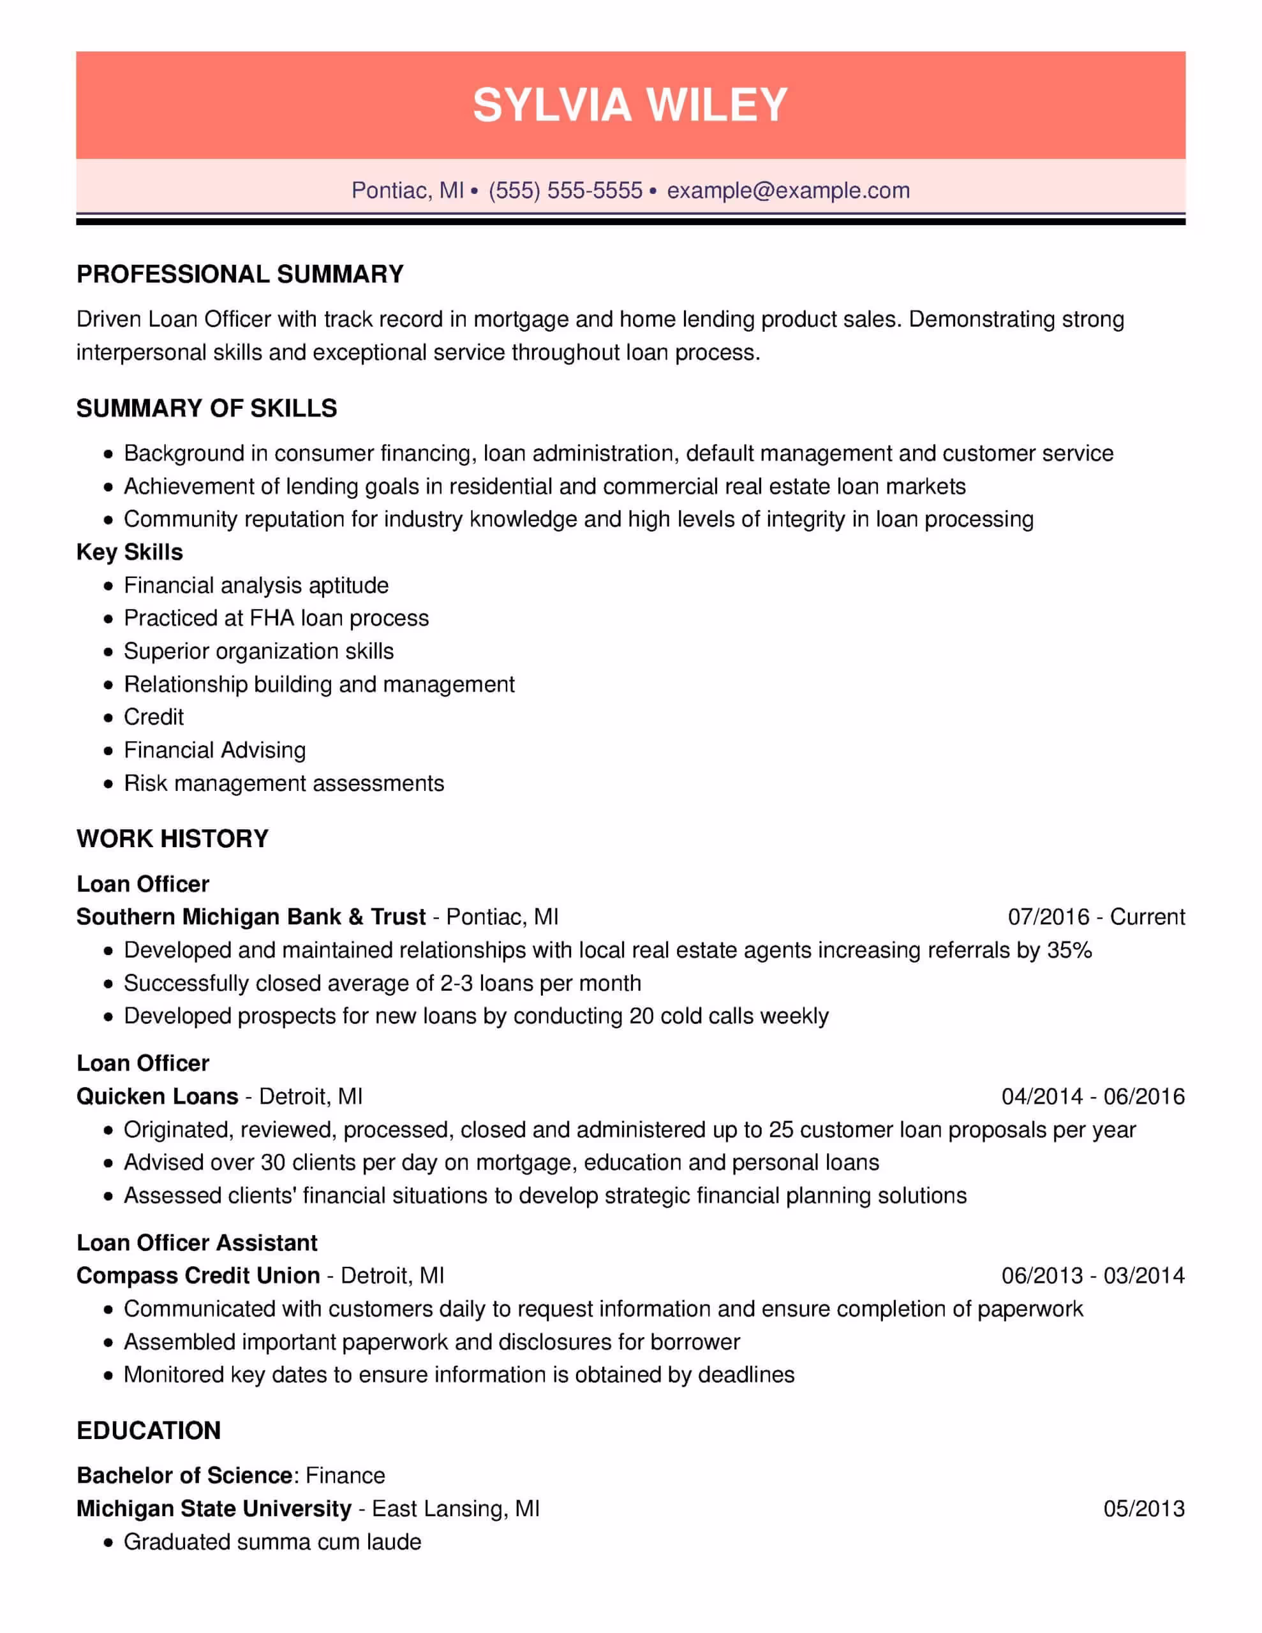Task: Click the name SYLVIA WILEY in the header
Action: [630, 104]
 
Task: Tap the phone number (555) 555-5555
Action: [565, 191]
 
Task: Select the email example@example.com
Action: [788, 191]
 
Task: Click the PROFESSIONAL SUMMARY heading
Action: [240, 274]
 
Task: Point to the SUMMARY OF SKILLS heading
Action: [207, 408]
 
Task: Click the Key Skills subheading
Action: [130, 552]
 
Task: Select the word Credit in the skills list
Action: [153, 717]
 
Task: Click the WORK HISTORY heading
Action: [172, 839]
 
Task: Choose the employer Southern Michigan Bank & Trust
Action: [251, 917]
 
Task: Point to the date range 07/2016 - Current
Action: [1096, 917]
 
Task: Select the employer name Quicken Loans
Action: [157, 1097]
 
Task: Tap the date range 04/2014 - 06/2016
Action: [1093, 1097]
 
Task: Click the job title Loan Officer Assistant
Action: [197, 1243]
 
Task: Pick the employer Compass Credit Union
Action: [198, 1276]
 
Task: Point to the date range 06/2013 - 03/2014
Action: [1093, 1276]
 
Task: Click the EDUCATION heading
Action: [148, 1430]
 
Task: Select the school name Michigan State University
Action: [214, 1509]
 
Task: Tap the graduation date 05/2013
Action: [1144, 1509]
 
